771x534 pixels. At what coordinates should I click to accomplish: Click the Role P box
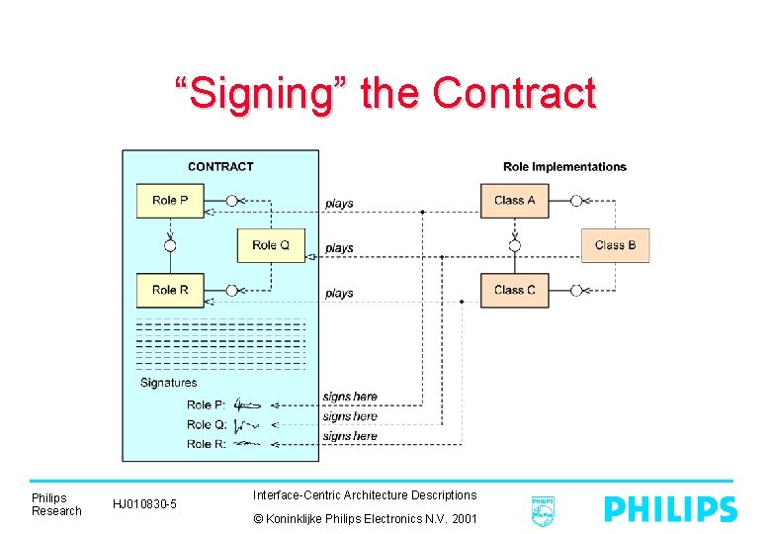pos(170,201)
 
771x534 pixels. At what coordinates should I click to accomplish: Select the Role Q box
pos(271,245)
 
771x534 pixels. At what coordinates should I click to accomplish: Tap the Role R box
pos(170,290)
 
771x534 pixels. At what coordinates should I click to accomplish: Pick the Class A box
pos(515,201)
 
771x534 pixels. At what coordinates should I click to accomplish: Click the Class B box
pos(615,245)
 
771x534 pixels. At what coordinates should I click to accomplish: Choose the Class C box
pos(515,290)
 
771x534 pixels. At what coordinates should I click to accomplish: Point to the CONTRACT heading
pos(220,167)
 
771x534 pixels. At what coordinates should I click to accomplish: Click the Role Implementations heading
pos(564,167)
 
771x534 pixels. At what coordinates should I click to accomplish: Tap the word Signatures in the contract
pos(168,383)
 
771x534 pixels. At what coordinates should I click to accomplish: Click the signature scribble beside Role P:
pos(246,404)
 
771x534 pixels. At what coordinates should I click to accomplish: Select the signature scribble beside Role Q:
pos(246,425)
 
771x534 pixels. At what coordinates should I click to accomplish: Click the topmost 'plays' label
pos(339,204)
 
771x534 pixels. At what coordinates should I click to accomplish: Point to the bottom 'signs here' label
pos(350,436)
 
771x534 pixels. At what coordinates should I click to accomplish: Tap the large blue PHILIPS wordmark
pos(670,509)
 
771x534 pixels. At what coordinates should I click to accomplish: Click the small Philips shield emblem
pos(543,510)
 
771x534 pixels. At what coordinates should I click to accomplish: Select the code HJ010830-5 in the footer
pos(144,505)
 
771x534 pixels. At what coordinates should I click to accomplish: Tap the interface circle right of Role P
pos(231,201)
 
